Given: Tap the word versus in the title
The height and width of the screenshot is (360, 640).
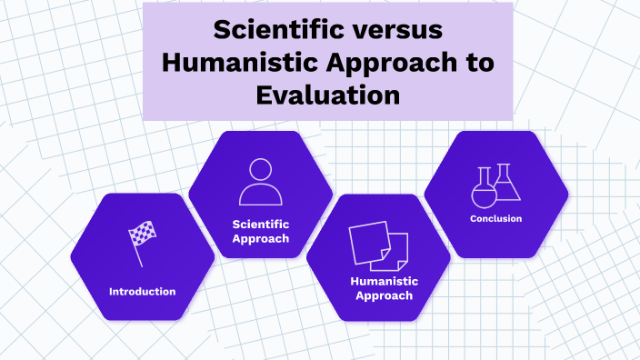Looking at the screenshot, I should pyautogui.click(x=398, y=29).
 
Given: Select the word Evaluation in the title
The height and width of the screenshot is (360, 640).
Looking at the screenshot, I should pyautogui.click(x=328, y=95).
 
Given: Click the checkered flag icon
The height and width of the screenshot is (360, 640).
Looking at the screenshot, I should pyautogui.click(x=142, y=236).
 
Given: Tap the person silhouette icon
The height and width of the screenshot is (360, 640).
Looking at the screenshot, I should pyautogui.click(x=261, y=182).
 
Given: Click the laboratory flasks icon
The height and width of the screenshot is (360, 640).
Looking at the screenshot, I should pyautogui.click(x=496, y=185).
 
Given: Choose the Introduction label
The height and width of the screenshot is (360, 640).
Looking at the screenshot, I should pyautogui.click(x=142, y=292).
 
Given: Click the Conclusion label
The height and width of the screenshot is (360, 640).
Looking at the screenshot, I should pyautogui.click(x=496, y=218).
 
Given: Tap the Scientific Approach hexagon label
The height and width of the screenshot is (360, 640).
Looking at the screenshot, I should pyautogui.click(x=261, y=231).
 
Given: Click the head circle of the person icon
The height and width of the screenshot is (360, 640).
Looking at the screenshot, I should pyautogui.click(x=261, y=170).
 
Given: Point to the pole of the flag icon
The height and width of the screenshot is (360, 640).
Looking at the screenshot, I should pyautogui.click(x=137, y=251).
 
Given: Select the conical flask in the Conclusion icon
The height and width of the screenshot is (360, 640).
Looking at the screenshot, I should pyautogui.click(x=506, y=184).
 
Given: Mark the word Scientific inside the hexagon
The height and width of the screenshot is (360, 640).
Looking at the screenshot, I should pyautogui.click(x=261, y=224).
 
